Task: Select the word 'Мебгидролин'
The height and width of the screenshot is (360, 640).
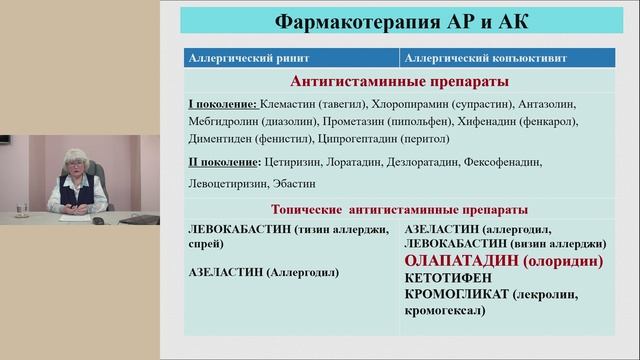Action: point(222,122)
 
